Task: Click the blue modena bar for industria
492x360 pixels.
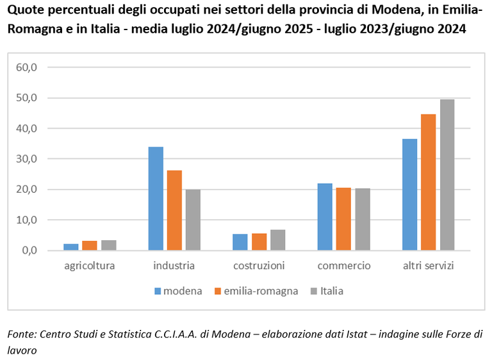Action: pyautogui.click(x=156, y=199)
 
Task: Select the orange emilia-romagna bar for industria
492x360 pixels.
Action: pyautogui.click(x=174, y=210)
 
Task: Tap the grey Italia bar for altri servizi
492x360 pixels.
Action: pyautogui.click(x=447, y=175)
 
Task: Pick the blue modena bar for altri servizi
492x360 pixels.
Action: pyautogui.click(x=409, y=195)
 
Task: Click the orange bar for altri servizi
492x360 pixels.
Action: pyautogui.click(x=428, y=182)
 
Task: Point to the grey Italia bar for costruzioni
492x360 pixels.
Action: pyautogui.click(x=277, y=240)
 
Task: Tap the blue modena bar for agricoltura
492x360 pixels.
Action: pyautogui.click(x=71, y=247)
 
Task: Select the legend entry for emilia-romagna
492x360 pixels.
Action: pyautogui.click(x=256, y=291)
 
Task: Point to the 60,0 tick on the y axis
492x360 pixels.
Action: pyautogui.click(x=30, y=67)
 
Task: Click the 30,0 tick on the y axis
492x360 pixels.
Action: pyautogui.click(x=30, y=159)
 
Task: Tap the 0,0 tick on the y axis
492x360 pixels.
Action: pyautogui.click(x=33, y=250)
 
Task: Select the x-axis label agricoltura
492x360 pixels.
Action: pyautogui.click(x=90, y=265)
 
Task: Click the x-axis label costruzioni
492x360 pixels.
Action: pyautogui.click(x=259, y=265)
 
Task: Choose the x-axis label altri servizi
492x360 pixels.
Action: pyautogui.click(x=428, y=265)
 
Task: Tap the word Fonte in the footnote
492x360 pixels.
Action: pyautogui.click(x=21, y=334)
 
